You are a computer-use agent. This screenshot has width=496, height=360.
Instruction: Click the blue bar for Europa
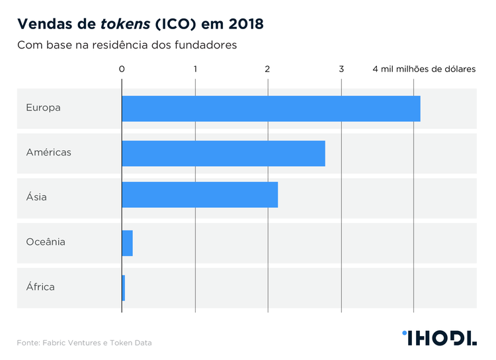[271, 108]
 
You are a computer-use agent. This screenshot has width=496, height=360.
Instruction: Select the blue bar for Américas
[224, 153]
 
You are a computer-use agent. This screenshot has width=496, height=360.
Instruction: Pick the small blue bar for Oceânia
[127, 243]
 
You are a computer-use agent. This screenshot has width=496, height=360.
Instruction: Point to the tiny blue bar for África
[124, 287]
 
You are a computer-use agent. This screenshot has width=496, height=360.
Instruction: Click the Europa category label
[43, 107]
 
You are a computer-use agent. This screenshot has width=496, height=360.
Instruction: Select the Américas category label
[48, 152]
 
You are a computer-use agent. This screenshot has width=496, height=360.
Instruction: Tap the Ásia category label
[36, 197]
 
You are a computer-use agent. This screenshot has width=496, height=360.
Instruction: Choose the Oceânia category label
[46, 242]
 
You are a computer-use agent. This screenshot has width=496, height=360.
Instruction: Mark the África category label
[40, 287]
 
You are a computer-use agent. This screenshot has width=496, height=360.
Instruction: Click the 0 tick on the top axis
[122, 69]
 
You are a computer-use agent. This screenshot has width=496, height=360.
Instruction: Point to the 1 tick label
[195, 69]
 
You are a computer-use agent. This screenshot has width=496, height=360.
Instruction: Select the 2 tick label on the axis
[268, 69]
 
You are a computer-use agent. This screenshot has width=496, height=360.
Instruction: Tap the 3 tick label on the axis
[341, 69]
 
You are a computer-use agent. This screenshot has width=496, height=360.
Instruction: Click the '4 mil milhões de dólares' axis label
[424, 69]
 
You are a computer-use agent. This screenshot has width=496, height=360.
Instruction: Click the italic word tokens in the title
[124, 24]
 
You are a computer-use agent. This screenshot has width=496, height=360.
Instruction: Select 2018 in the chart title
[244, 24]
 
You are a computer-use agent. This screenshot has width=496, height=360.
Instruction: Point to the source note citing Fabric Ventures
[85, 343]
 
